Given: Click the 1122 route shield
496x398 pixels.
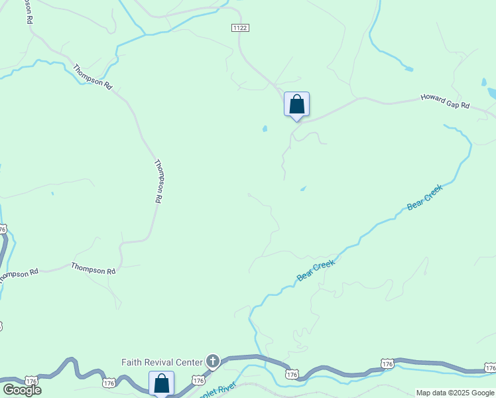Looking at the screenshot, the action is click(240, 27).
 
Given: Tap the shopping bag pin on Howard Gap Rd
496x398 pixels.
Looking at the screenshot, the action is click(296, 105).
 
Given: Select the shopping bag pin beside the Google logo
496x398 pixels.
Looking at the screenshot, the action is click(161, 383).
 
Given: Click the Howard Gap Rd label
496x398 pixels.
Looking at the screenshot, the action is click(445, 101).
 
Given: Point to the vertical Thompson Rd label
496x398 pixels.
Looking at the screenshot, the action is click(158, 180).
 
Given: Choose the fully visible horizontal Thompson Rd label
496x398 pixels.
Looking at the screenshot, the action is click(93, 270).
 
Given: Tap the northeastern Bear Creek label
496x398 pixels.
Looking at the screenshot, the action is click(424, 198).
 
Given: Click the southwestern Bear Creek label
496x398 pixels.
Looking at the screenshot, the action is click(316, 270).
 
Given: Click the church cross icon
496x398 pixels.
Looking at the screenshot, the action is click(212, 362).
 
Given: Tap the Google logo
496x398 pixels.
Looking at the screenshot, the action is click(21, 389).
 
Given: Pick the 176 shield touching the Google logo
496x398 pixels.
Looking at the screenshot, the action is click(31, 380).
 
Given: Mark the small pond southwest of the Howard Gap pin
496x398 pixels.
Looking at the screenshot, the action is click(265, 129).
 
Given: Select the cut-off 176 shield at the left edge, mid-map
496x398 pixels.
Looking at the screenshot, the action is click(3, 229).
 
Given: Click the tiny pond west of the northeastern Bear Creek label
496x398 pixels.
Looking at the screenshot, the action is click(303, 189).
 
